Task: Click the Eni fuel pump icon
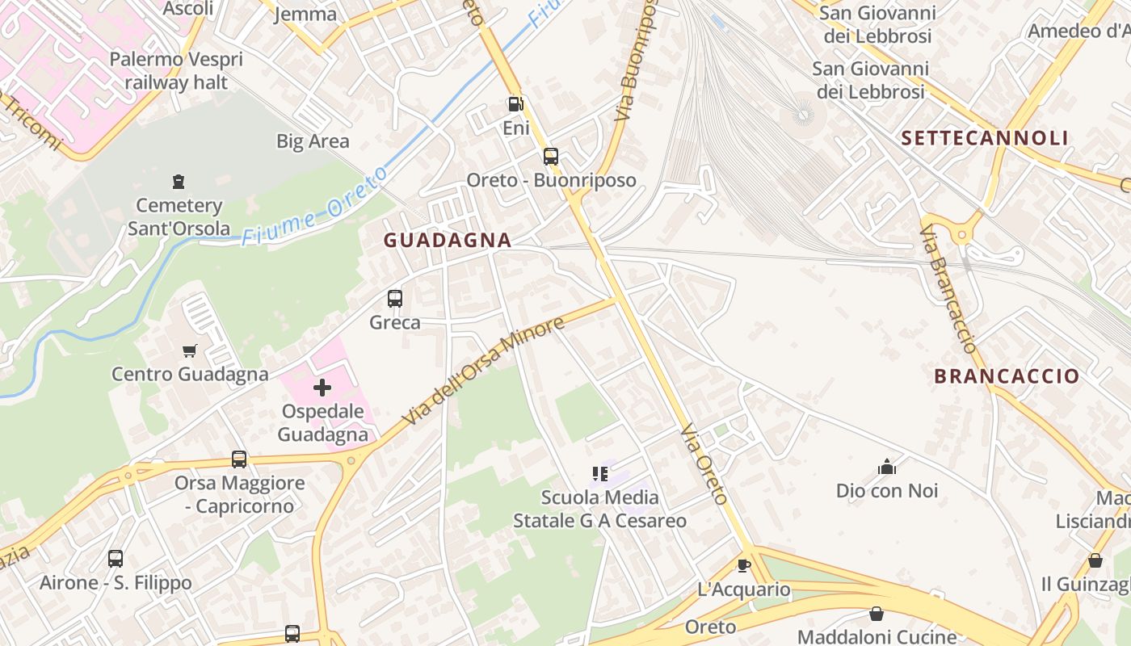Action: pyautogui.click(x=515, y=104)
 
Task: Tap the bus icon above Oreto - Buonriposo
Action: pyautogui.click(x=551, y=156)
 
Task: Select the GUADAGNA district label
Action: pyautogui.click(x=448, y=240)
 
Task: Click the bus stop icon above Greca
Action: pyautogui.click(x=395, y=299)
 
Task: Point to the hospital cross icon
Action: pyautogui.click(x=322, y=388)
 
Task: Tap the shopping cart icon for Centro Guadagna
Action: pyautogui.click(x=190, y=350)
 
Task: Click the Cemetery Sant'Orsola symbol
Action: pyautogui.click(x=179, y=182)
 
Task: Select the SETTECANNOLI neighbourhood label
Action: pyautogui.click(x=985, y=138)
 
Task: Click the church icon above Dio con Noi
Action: pyautogui.click(x=887, y=467)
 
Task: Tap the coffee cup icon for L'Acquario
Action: pyautogui.click(x=744, y=565)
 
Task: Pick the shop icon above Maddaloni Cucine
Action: pyautogui.click(x=877, y=614)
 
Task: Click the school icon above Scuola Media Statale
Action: pyautogui.click(x=600, y=473)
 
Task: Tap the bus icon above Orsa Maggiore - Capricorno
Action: pyautogui.click(x=239, y=459)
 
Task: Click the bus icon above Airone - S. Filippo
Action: pyautogui.click(x=116, y=559)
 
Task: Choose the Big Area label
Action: pyautogui.click(x=313, y=141)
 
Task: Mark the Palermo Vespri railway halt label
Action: pyautogui.click(x=175, y=70)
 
